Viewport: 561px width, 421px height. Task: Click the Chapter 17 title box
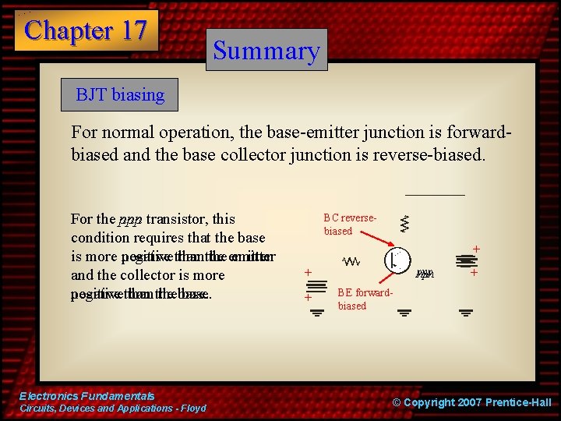[x=86, y=30]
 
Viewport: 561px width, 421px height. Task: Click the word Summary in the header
[x=266, y=51]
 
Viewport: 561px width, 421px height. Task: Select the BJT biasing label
[x=120, y=95]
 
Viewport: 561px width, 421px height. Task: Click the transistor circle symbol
[x=398, y=260]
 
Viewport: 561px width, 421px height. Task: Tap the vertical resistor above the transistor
[x=404, y=225]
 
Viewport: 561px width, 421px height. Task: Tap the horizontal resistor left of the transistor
[x=352, y=262]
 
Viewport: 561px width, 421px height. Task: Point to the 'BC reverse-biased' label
[x=350, y=225]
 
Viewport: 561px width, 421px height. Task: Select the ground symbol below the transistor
[x=404, y=313]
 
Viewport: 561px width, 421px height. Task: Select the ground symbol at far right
[x=465, y=313]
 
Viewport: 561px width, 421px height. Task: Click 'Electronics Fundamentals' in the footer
[x=86, y=396]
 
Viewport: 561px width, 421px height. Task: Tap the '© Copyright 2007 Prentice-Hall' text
[x=471, y=402]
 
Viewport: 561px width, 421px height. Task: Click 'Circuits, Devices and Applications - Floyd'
[x=112, y=409]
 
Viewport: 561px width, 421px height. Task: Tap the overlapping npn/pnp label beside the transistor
[x=424, y=274]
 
